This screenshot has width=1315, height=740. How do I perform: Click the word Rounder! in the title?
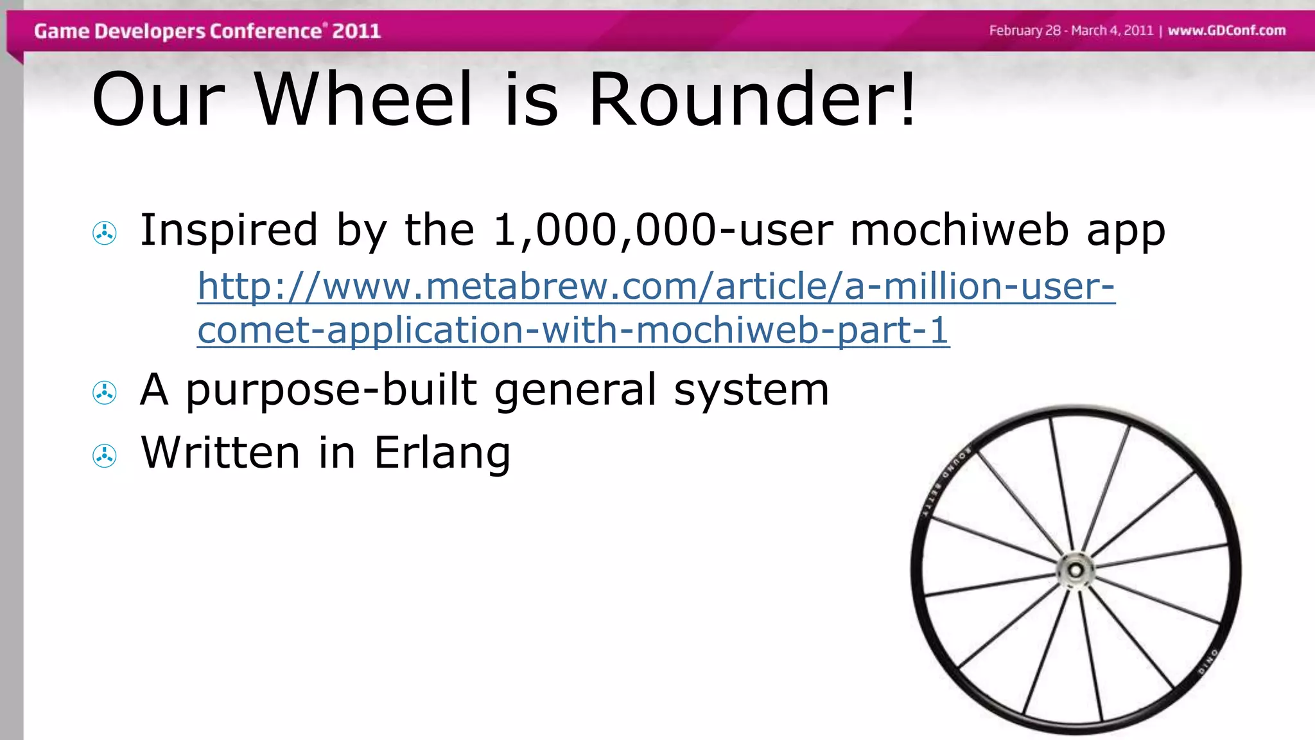pyautogui.click(x=752, y=100)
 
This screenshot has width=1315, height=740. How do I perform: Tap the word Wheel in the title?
pyautogui.click(x=364, y=100)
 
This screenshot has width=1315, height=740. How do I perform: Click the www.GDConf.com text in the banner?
pyautogui.click(x=1226, y=30)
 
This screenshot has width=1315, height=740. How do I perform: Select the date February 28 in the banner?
pyautogui.click(x=1025, y=30)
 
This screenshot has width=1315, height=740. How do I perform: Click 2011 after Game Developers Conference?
pyautogui.click(x=356, y=31)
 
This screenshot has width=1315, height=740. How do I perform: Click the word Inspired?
pyautogui.click(x=229, y=230)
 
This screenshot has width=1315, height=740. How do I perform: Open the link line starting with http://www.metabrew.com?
pyautogui.click(x=656, y=286)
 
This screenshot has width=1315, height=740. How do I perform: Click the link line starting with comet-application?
pyautogui.click(x=573, y=330)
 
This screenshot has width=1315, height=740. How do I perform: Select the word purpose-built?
pyautogui.click(x=331, y=390)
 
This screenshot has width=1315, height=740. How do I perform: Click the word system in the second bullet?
pyautogui.click(x=751, y=390)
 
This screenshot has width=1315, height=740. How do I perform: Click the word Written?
pyautogui.click(x=220, y=452)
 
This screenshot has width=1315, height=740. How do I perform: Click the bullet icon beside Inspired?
pyautogui.click(x=105, y=233)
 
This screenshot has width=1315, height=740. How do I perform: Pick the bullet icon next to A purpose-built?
pyautogui.click(x=105, y=392)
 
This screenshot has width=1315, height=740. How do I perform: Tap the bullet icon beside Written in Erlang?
pyautogui.click(x=105, y=456)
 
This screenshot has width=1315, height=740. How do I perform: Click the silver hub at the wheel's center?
pyautogui.click(x=1076, y=570)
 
